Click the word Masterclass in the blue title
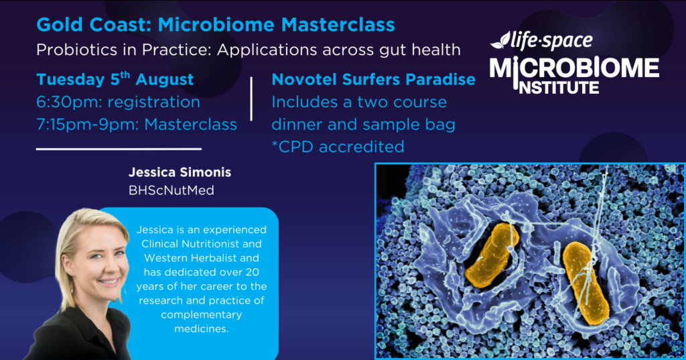pos(338,25)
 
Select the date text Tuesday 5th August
pos(115,79)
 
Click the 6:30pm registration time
pos(118,102)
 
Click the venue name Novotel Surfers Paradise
pos(373,79)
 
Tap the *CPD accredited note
pos(338,147)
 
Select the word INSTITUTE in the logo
pos(559,87)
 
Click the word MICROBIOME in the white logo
pos(574,68)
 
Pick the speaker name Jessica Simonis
pos(180,172)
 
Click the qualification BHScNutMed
pos(171,190)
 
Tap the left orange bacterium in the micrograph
pos(491,255)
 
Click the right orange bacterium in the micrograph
pos(585,283)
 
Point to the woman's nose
pos(99,268)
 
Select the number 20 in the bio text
pos(252,272)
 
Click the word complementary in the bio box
pos(201,315)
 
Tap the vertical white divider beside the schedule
pos(251,99)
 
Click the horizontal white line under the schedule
pos(119,149)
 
